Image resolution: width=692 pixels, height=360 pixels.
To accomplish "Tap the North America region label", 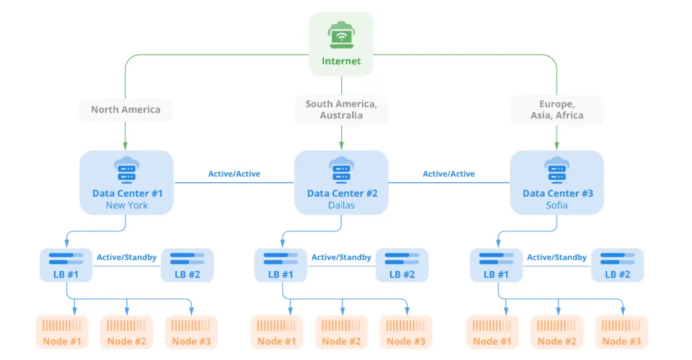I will click(x=126, y=110).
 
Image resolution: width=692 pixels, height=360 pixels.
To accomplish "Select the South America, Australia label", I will click(x=341, y=110).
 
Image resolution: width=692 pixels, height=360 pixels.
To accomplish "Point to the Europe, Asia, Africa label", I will click(x=557, y=110).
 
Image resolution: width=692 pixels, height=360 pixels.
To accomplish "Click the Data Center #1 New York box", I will click(x=127, y=182).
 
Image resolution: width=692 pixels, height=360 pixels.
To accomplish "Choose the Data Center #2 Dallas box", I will click(x=341, y=182).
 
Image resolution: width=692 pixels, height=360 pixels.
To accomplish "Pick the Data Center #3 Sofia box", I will click(x=557, y=182).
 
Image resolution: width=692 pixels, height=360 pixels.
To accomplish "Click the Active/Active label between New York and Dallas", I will click(x=234, y=174).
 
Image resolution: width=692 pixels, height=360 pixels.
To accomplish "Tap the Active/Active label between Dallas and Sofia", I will click(x=449, y=174).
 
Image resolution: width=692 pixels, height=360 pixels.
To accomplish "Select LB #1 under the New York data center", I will click(x=67, y=265).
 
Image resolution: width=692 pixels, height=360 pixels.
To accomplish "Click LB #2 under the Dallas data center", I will click(x=402, y=265).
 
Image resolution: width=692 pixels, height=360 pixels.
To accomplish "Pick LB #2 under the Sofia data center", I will click(x=617, y=265).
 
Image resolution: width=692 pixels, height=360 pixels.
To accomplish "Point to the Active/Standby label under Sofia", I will click(x=557, y=257).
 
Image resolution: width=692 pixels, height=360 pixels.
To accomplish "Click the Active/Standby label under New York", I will click(x=126, y=257).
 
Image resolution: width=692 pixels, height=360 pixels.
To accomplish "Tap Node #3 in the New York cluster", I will click(x=191, y=333).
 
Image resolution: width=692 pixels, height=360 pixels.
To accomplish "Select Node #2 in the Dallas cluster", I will click(x=341, y=333).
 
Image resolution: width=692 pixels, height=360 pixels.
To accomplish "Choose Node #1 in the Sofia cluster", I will click(x=492, y=333).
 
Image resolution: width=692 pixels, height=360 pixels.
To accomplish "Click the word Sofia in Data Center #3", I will click(x=557, y=205).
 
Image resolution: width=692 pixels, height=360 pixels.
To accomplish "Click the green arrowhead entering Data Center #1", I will click(x=126, y=146).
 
